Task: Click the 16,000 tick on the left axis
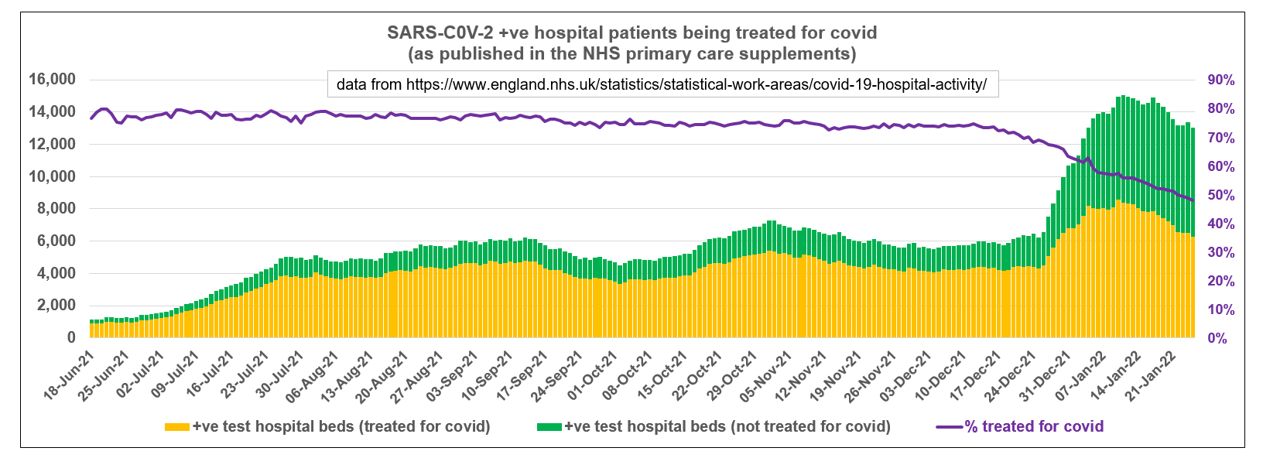point(53,80)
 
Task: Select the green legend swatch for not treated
point(549,427)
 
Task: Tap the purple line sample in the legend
point(949,427)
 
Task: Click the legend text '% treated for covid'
point(1034,426)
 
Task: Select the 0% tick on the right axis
point(1217,339)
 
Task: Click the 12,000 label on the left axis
point(53,145)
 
